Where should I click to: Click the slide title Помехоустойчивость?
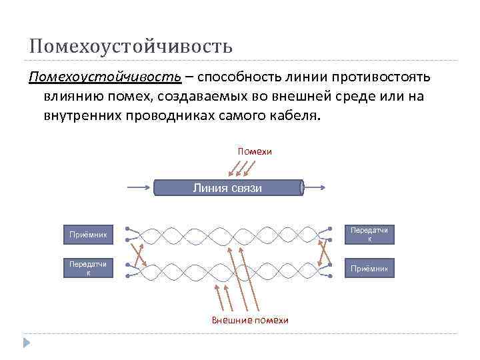[131, 46]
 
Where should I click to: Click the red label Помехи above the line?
[255, 151]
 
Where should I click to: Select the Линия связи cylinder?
[228, 187]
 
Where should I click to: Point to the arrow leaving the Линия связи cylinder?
[315, 187]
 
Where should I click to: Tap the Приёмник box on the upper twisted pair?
[88, 235]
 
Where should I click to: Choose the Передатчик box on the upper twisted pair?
[369, 235]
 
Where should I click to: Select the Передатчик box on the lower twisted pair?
[88, 268]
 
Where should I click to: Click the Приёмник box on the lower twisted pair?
[369, 269]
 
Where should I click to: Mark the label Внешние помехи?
[250, 320]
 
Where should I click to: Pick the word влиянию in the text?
[74, 97]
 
